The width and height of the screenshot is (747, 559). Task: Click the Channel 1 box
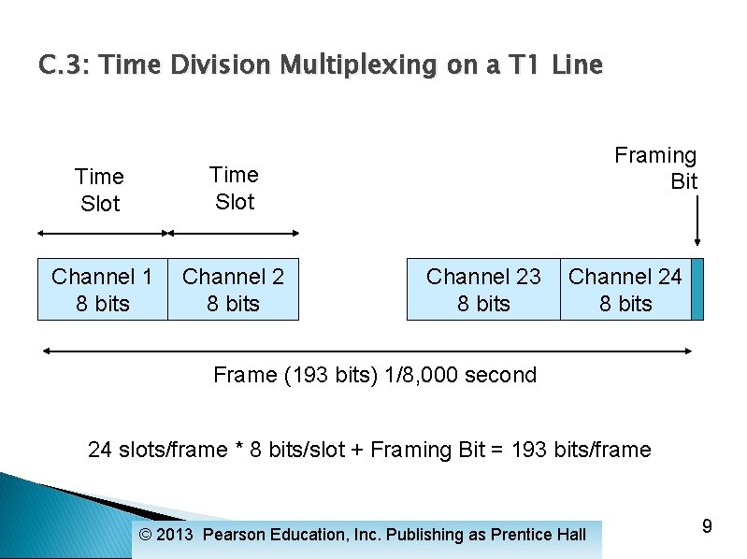pos(102,289)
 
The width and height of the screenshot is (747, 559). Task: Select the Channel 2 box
pos(233,289)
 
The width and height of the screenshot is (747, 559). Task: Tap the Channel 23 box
pos(482,289)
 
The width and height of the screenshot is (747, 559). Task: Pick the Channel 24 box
pos(625,289)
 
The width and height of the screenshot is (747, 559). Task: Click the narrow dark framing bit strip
pos(697,289)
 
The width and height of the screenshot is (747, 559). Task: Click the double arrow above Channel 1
pos(102,234)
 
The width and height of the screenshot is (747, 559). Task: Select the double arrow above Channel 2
pos(233,234)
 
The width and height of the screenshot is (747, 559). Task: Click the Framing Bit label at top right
pos(656,168)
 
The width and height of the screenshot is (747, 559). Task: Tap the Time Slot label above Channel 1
pos(100,190)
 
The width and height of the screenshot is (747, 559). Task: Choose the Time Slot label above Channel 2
pos(234,188)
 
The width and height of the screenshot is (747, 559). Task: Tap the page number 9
pos(707,526)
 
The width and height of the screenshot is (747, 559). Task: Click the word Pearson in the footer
pos(234,535)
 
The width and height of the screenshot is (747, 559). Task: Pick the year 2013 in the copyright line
pos(176,535)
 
